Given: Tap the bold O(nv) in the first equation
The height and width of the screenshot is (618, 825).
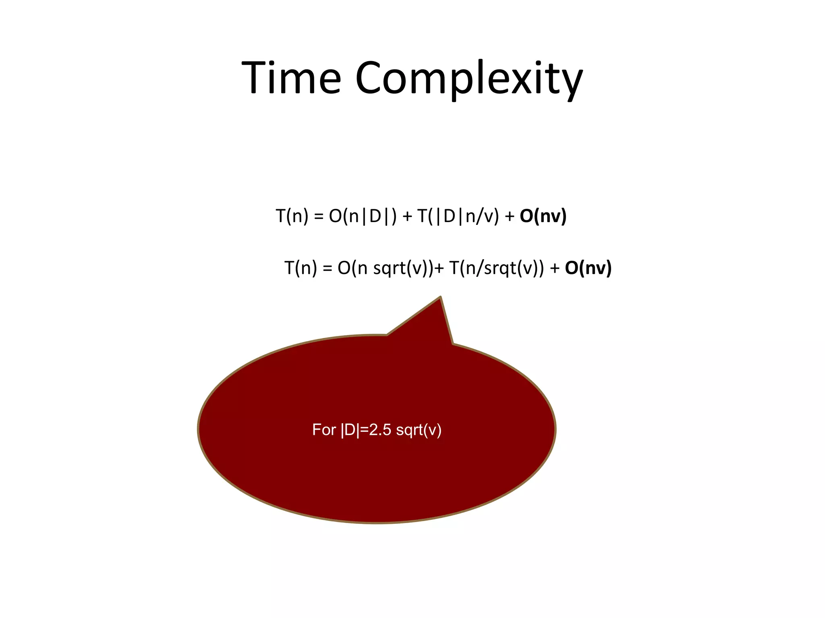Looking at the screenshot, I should point(543,216).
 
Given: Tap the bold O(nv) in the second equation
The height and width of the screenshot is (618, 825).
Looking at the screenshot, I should point(588,268).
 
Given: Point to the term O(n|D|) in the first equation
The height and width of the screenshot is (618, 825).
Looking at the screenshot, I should point(363,216).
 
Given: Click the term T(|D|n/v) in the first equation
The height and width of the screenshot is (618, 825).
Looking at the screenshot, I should point(458,216).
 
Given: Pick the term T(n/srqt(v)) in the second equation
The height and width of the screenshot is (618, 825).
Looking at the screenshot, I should point(496,268).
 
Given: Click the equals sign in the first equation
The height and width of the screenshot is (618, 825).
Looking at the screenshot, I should point(319,217).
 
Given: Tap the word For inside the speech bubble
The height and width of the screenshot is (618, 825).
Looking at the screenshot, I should point(324,430).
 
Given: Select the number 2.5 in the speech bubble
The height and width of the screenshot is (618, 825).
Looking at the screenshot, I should point(380,430).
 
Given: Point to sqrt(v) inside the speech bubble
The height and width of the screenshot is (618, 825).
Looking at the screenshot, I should point(419,430).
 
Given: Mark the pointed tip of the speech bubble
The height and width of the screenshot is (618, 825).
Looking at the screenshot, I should point(440,297).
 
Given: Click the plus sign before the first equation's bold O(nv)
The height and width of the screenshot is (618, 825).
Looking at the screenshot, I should point(510,217).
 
